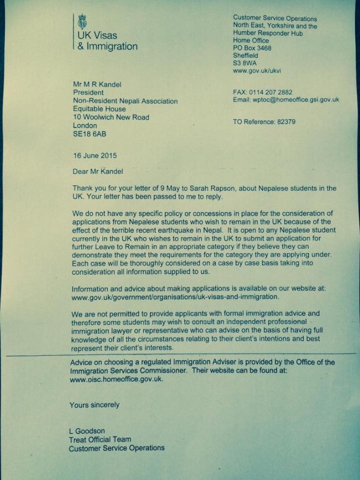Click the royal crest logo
[x=83, y=23]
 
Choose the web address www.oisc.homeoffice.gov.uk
[x=117, y=380]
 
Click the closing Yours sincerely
[x=94, y=405]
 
